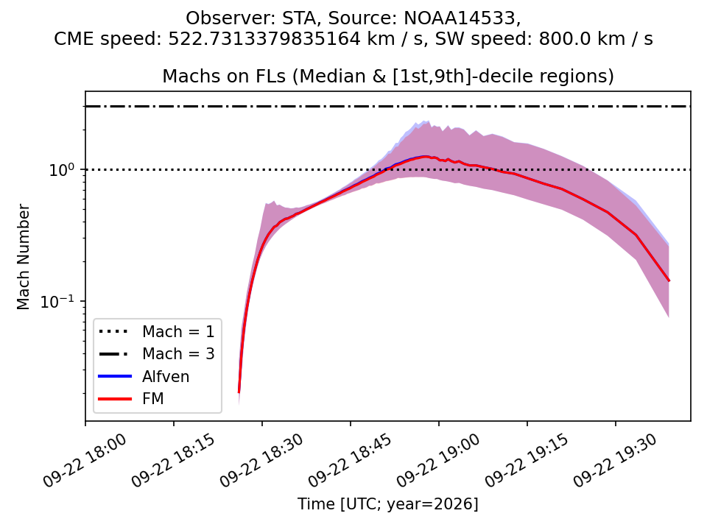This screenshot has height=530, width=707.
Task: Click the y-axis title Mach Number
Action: [23, 257]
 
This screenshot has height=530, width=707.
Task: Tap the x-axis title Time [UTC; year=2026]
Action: [388, 504]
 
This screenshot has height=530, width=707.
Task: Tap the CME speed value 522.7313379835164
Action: [264, 39]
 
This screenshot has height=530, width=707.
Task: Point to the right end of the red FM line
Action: [669, 280]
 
